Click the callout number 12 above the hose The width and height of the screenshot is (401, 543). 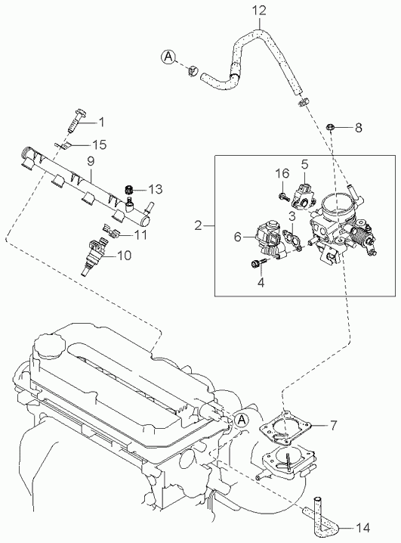coord(258,11)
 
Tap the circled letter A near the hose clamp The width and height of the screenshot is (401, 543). coord(168,57)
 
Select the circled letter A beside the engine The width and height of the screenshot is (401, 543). coord(241,420)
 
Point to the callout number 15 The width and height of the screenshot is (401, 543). coord(99,144)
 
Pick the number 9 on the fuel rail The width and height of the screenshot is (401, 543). coord(91,161)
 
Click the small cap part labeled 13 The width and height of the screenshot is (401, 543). coord(129,189)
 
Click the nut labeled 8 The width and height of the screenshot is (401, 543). coord(329,128)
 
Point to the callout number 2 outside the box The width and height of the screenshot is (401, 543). coord(198,226)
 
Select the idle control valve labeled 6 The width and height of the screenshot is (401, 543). coord(270,240)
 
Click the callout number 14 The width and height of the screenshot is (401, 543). coord(362,528)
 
